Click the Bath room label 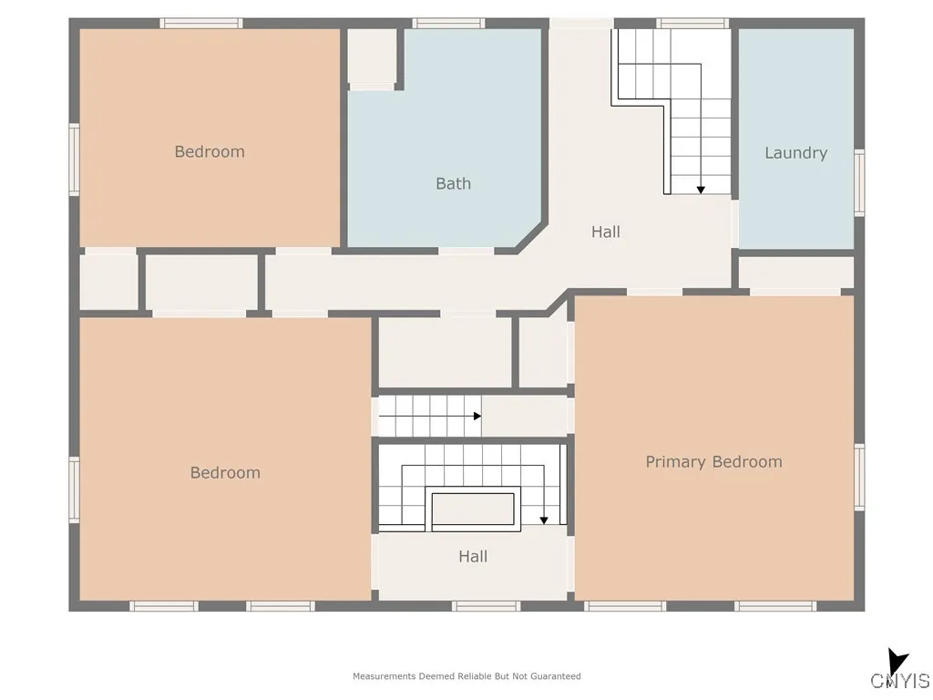tap(453, 183)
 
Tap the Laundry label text tap(795, 153)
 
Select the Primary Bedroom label tap(713, 462)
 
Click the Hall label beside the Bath tap(605, 232)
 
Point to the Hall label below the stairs tap(473, 556)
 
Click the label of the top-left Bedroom tap(210, 151)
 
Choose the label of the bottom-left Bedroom tap(225, 472)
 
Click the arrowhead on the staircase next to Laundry tap(701, 189)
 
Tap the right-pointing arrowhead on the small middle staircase tap(477, 417)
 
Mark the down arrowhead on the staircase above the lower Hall tap(544, 520)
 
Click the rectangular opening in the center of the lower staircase tap(473, 509)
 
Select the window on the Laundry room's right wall tap(858, 183)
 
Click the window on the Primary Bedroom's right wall tap(858, 477)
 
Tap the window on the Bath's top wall tap(447, 24)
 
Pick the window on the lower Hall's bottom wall tap(486, 606)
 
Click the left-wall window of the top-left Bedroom tap(75, 160)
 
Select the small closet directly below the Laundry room tap(795, 273)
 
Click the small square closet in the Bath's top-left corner tap(373, 57)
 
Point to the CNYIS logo tap(899, 673)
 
